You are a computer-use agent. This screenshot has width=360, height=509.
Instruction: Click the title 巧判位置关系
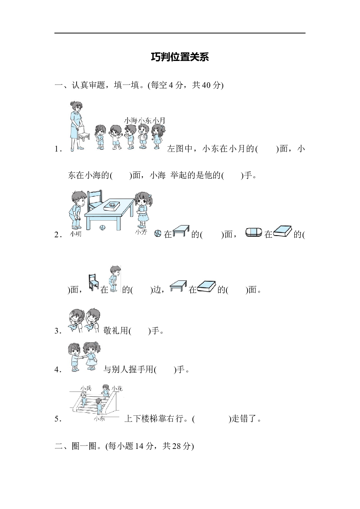180,57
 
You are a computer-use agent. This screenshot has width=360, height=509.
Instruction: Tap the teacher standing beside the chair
76,126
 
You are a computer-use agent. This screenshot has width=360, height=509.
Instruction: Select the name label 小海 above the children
131,121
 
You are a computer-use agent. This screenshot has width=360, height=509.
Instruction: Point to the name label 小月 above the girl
159,121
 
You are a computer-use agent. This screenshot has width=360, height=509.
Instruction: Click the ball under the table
102,228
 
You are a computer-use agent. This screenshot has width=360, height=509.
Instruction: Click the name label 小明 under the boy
76,234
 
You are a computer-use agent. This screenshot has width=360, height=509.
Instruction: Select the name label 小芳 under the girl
141,232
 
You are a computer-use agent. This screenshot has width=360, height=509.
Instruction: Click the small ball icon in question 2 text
158,233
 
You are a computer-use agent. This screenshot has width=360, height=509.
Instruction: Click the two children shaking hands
83,357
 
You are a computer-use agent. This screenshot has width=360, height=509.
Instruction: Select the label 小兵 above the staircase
86,388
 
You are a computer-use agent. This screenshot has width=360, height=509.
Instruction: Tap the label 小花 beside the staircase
117,388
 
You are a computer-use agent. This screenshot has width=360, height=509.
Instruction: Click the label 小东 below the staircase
99,419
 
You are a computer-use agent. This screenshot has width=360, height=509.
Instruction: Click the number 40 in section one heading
206,85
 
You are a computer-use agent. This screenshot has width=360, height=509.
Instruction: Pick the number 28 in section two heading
177,446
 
